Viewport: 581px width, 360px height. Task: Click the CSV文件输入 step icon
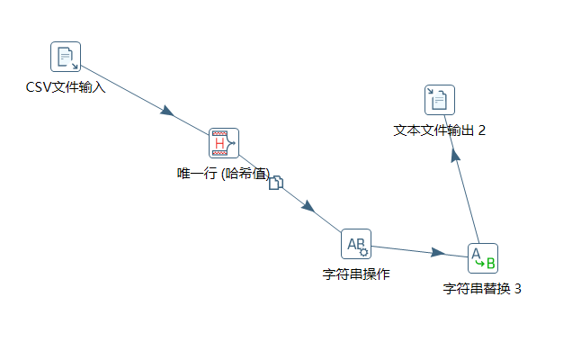(x=66, y=57)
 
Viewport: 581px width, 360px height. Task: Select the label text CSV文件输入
(x=66, y=87)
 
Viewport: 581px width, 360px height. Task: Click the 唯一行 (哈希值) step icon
(x=224, y=142)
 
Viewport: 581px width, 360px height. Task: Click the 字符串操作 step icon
(x=356, y=243)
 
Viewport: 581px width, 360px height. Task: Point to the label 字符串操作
(x=356, y=274)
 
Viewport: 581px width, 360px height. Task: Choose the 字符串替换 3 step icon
(x=483, y=258)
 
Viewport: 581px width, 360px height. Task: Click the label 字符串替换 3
(x=483, y=289)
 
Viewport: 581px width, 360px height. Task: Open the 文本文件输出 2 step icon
(x=440, y=100)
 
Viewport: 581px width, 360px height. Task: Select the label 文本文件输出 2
(x=440, y=130)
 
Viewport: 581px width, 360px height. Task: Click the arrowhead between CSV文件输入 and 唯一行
(x=166, y=111)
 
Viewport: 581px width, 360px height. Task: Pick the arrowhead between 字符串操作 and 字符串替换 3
(x=438, y=253)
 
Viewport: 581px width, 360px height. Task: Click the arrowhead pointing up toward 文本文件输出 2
(x=455, y=155)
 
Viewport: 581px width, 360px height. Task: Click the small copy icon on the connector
(x=276, y=183)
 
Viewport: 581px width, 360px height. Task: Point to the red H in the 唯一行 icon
(x=219, y=142)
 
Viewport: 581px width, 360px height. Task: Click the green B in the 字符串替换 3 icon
(x=490, y=264)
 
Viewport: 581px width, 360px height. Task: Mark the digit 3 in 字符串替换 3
(x=517, y=289)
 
